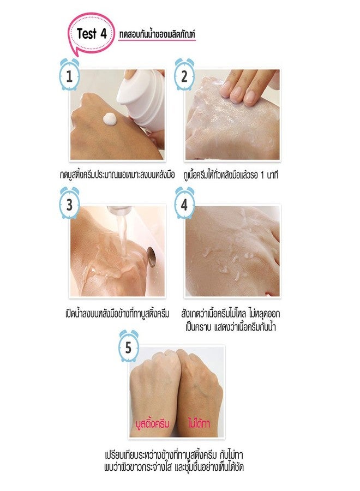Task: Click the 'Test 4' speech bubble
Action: pyautogui.click(x=91, y=34)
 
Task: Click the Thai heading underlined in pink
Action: pyautogui.click(x=157, y=34)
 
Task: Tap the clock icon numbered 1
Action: pyautogui.click(x=69, y=75)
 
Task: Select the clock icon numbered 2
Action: pyautogui.click(x=184, y=75)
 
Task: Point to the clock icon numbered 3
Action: pyautogui.click(x=69, y=203)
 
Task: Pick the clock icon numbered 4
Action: pyautogui.click(x=184, y=203)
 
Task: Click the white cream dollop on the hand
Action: pyautogui.click(x=110, y=119)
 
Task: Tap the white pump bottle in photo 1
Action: pyautogui.click(x=141, y=98)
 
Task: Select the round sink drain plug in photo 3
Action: pyautogui.click(x=151, y=257)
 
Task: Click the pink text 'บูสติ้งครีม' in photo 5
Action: pyautogui.click(x=152, y=423)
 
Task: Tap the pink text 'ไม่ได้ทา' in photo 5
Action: pyautogui.click(x=199, y=423)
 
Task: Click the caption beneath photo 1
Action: pyautogui.click(x=117, y=175)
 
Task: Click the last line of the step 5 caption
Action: pyautogui.click(x=174, y=467)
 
